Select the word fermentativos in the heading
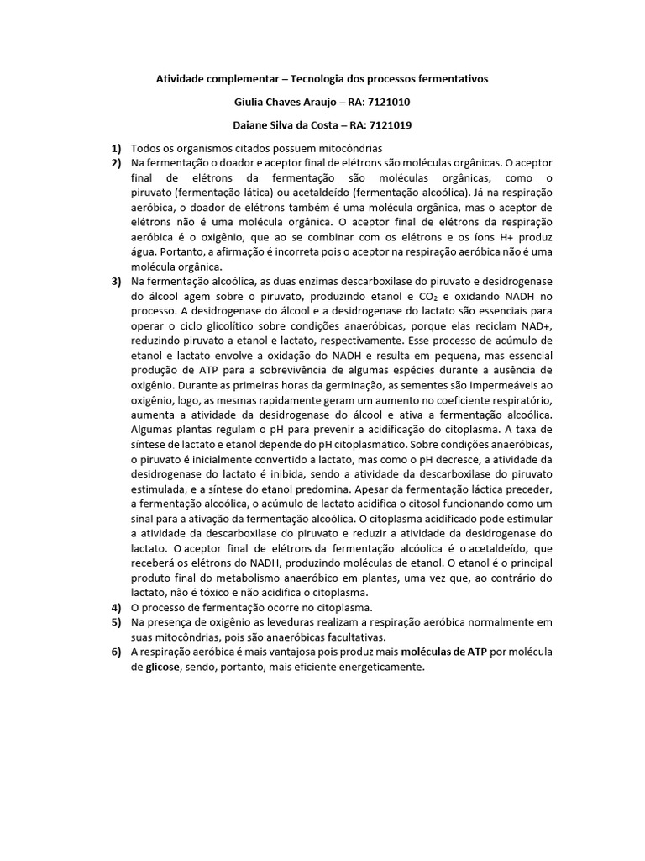tap(451, 78)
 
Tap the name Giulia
tap(249, 102)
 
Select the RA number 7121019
tap(390, 125)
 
